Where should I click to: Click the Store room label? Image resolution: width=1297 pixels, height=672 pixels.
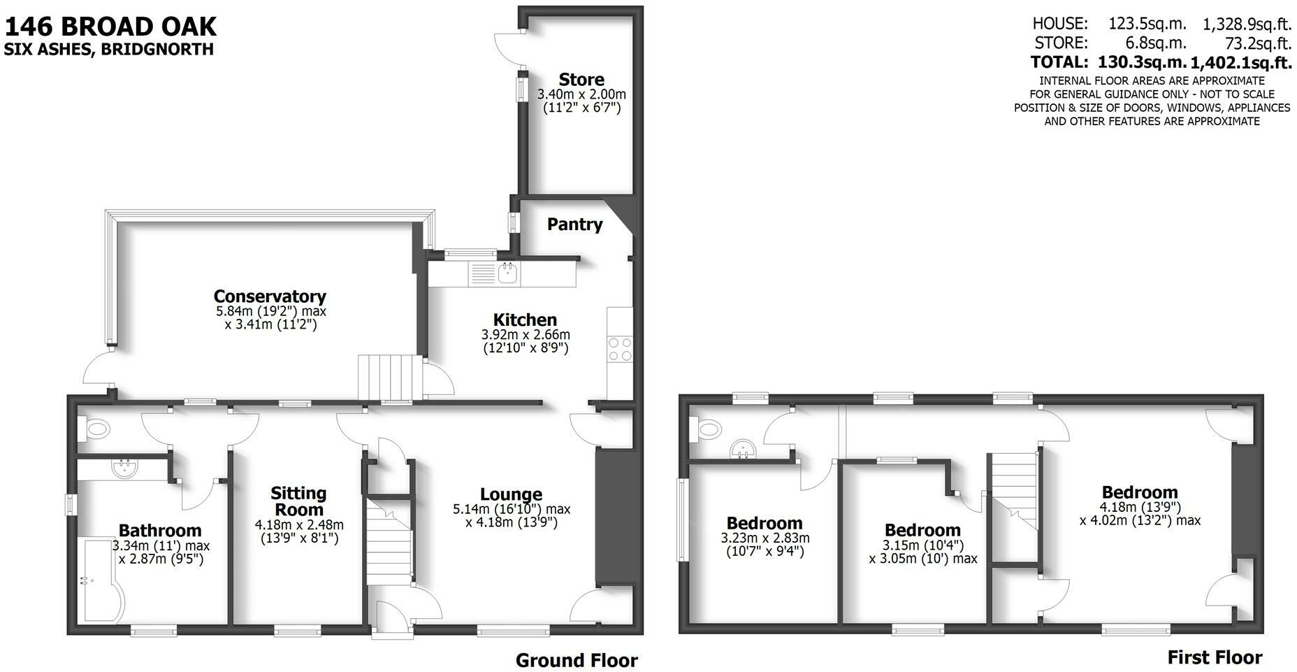(x=581, y=80)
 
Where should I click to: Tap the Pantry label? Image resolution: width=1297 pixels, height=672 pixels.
(x=574, y=224)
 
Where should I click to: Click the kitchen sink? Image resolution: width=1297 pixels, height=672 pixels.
(x=507, y=273)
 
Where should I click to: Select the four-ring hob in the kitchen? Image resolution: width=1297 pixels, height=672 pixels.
(x=620, y=349)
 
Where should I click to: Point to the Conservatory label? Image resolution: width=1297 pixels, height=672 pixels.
(x=270, y=296)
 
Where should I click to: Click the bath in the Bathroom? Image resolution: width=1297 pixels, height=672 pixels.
(x=102, y=584)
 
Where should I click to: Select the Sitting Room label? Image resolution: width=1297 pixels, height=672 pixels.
(x=298, y=501)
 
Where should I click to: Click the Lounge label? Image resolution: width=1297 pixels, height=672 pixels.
(x=511, y=494)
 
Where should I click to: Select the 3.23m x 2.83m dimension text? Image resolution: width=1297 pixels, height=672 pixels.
(x=765, y=538)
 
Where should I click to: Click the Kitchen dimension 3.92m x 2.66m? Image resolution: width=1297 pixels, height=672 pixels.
(x=526, y=335)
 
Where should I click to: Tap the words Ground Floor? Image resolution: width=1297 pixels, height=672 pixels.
(x=577, y=660)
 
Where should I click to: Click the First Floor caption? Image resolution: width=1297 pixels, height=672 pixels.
(x=1215, y=657)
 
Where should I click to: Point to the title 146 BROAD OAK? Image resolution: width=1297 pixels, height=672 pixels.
(x=111, y=27)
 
